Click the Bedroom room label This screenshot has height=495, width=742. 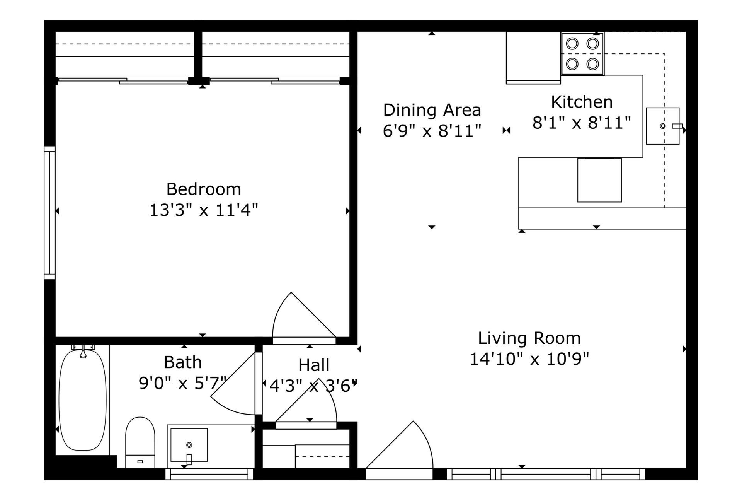204,189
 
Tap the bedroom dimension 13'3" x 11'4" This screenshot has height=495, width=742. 204,211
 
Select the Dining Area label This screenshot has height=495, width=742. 432,110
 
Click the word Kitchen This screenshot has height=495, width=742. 582,102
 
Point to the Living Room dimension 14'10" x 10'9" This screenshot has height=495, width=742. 529,359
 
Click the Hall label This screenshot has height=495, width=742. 314,365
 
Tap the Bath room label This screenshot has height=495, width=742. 183,363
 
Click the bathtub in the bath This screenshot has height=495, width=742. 82,400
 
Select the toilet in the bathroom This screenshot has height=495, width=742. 140,441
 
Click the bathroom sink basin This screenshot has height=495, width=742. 189,445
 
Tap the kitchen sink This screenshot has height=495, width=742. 662,126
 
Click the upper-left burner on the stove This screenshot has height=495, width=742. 572,43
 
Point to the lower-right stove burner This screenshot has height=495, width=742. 592,63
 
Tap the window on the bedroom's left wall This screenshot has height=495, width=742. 49,213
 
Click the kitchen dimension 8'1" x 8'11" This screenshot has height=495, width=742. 582,123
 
